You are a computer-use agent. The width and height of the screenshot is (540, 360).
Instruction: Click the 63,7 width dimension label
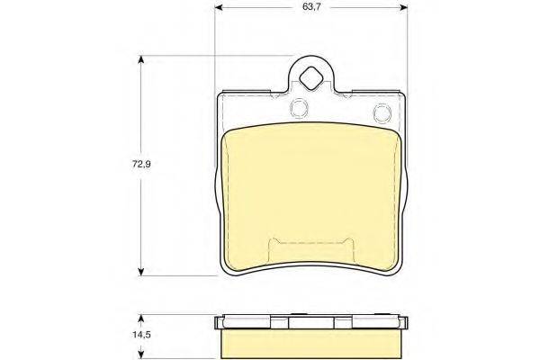point(311,7)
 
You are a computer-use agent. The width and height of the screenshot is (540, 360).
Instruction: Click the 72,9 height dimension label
point(141,164)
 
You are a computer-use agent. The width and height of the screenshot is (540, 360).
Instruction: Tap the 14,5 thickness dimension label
point(141,335)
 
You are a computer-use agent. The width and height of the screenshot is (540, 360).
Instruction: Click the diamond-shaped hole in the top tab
point(311,79)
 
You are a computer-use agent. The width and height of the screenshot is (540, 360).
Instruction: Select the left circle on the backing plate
point(299,108)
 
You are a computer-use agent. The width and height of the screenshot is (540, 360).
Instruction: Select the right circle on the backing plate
point(382,112)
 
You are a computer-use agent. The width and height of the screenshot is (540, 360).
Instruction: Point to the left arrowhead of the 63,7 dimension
point(219,7)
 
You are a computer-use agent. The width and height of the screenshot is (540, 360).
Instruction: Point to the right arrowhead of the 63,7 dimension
point(403,7)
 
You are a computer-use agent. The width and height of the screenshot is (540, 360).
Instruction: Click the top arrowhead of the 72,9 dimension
point(140,60)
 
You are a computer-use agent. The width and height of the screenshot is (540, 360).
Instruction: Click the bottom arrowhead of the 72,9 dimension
point(140,271)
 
